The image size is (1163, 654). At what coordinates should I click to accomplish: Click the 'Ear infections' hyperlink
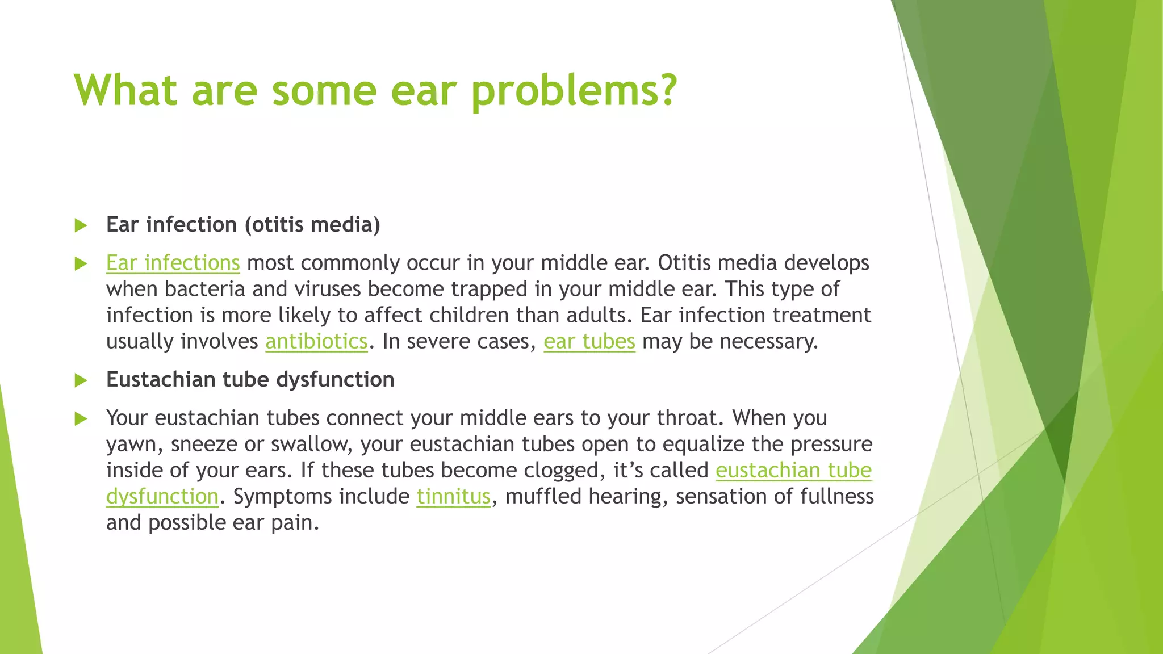point(173,263)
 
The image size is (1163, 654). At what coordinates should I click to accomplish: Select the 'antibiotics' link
point(316,341)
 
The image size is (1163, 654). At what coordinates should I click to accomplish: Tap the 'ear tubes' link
point(589,341)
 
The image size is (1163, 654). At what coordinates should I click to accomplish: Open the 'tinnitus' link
point(453,496)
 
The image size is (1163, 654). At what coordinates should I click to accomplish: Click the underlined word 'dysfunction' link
point(162,496)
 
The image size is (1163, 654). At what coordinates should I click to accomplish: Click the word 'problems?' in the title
point(574,91)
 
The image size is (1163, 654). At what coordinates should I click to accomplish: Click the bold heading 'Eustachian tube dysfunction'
point(250,379)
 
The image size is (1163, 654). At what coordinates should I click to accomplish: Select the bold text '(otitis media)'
point(312,225)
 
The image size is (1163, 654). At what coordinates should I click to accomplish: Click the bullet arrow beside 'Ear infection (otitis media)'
point(81,225)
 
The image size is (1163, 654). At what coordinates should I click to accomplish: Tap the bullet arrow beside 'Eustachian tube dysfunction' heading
point(81,380)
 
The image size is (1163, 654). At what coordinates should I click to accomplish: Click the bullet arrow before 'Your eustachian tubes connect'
point(81,419)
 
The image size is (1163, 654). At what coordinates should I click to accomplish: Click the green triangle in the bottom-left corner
point(17,568)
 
